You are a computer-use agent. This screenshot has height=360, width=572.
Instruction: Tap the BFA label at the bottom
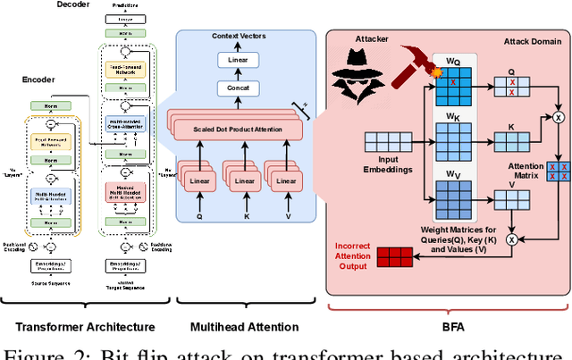coord(444,328)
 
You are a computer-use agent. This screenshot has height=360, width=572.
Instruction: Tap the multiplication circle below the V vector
coord(512,239)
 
